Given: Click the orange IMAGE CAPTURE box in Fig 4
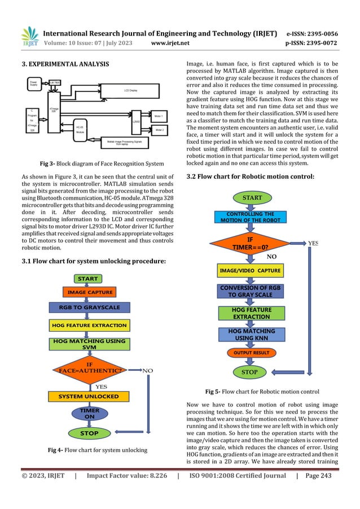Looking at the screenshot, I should [90, 292].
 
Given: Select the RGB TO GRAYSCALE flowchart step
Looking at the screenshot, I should [90, 308].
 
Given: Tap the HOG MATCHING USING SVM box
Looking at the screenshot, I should [90, 344].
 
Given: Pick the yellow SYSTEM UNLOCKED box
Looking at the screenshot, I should [89, 396].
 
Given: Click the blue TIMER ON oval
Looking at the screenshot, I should [89, 414].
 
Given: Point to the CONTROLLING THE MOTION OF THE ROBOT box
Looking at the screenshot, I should [250, 217].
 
